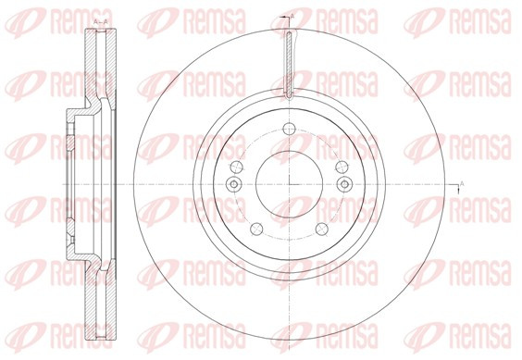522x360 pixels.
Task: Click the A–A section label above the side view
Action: [x=101, y=22]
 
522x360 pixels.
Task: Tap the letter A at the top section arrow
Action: [x=292, y=16]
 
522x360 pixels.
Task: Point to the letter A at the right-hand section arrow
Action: [x=462, y=182]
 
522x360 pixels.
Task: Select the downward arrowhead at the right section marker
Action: [x=458, y=191]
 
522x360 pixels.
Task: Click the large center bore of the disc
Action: [x=289, y=184]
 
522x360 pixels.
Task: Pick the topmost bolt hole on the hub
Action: [x=289, y=129]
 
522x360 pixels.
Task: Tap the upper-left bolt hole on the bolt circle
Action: [x=236, y=167]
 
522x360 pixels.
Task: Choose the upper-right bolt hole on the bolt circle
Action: [x=342, y=167]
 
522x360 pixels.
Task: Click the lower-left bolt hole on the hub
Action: [x=256, y=229]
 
